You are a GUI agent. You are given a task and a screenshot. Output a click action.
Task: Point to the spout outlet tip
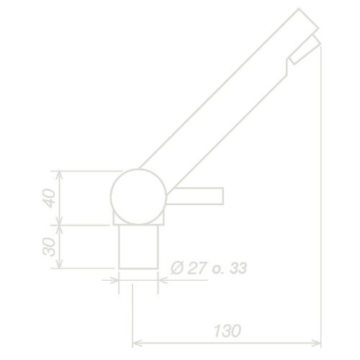(308, 36)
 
